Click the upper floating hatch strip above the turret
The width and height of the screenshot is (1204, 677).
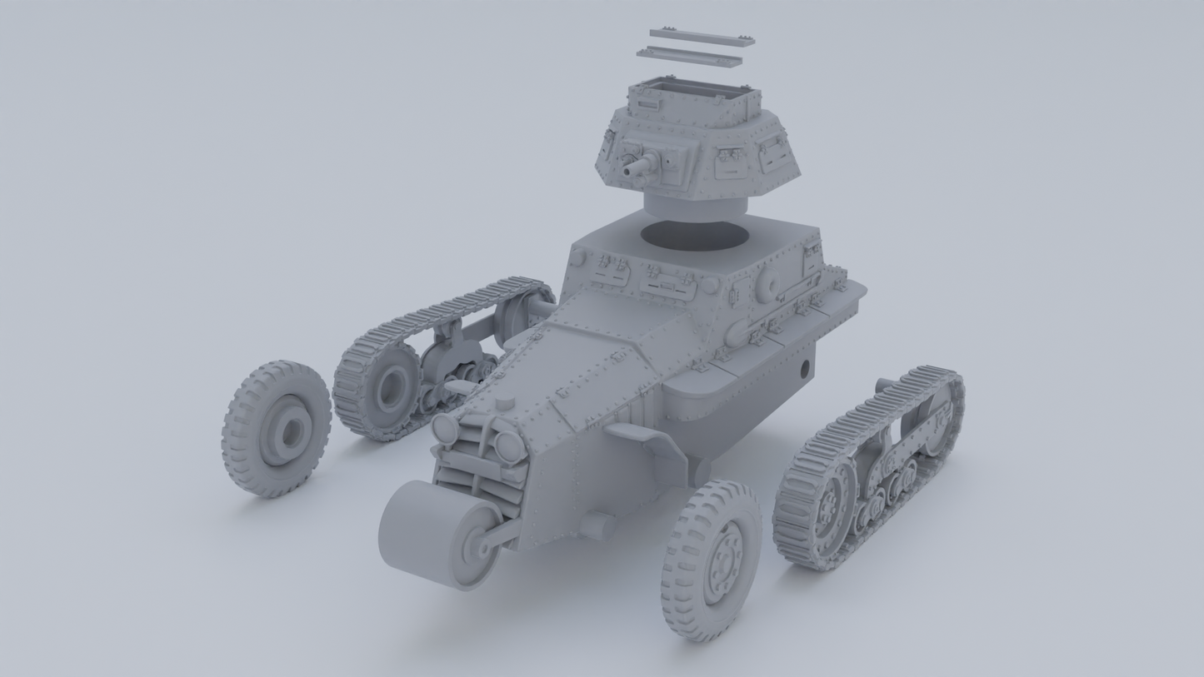point(702,37)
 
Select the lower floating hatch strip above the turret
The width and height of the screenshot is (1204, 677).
point(689,57)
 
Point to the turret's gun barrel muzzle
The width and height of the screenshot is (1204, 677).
point(627,172)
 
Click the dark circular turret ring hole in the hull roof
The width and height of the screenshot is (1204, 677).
point(693,235)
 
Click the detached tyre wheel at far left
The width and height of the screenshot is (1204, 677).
point(277,428)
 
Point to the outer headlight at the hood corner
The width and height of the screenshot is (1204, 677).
point(445,428)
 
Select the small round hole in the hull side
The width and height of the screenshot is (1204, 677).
point(806,367)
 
